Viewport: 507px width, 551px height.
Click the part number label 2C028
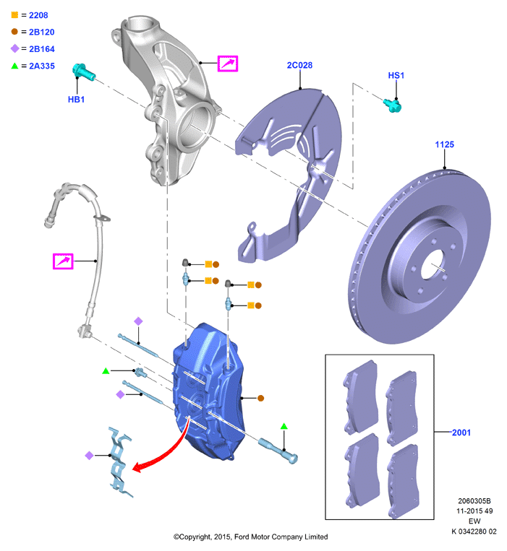click(x=299, y=66)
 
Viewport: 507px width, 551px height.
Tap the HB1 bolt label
click(x=76, y=100)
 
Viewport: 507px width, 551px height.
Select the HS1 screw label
click(x=396, y=76)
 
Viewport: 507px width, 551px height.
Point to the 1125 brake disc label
click(x=444, y=144)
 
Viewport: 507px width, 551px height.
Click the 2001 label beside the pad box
click(x=461, y=433)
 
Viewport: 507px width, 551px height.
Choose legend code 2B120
click(x=41, y=32)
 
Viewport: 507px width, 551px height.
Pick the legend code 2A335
click(x=41, y=66)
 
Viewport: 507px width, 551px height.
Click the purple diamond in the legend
click(x=14, y=48)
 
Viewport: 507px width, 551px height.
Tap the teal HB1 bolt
click(x=83, y=71)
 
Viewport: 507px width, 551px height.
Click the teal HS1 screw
click(x=393, y=105)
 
